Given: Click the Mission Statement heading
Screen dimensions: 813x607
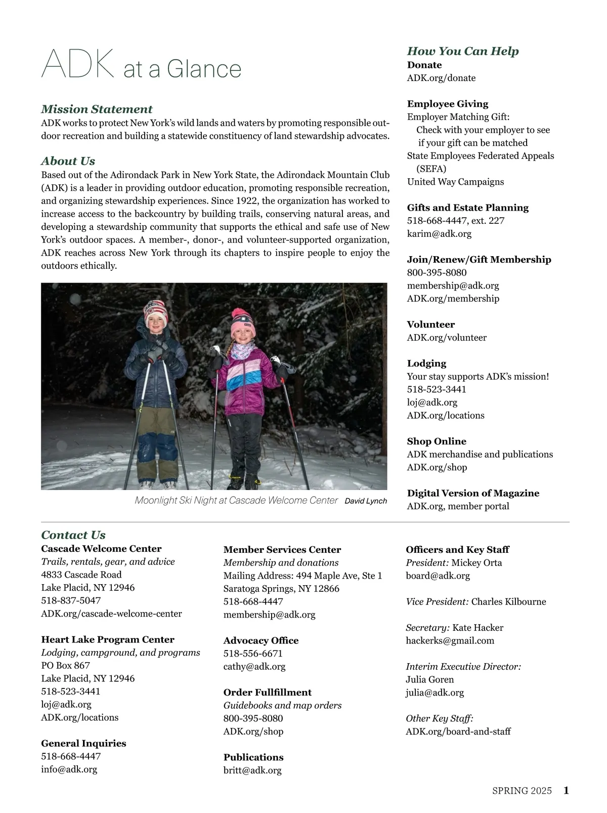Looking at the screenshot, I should [x=97, y=109].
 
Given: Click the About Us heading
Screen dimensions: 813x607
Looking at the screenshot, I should [x=68, y=161].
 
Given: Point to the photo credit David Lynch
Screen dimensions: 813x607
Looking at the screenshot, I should [x=365, y=501].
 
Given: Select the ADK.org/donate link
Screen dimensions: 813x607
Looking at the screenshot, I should [x=441, y=78].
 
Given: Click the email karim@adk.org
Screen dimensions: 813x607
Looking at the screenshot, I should [x=439, y=234].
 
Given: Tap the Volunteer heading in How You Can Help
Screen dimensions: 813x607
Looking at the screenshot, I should [x=430, y=324].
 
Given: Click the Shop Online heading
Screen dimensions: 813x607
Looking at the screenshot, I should [x=437, y=441].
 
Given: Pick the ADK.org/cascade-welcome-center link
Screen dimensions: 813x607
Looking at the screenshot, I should [x=111, y=614].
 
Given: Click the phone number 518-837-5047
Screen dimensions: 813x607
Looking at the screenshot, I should [x=71, y=600].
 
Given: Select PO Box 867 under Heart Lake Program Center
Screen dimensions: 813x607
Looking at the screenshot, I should [x=65, y=666].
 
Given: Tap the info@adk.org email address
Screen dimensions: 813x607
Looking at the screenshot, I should [x=69, y=769].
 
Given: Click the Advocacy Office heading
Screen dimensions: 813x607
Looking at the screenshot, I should [x=261, y=640].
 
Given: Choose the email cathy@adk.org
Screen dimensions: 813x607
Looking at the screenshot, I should [x=254, y=667].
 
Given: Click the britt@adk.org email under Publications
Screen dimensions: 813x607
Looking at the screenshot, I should [x=252, y=770].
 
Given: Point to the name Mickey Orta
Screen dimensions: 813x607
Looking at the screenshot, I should [x=476, y=563].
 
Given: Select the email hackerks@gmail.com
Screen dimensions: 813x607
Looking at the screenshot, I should [x=450, y=641].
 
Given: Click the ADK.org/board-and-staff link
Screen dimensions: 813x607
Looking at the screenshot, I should [x=458, y=731].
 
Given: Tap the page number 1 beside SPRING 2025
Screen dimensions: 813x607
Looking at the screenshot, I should [x=566, y=790].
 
